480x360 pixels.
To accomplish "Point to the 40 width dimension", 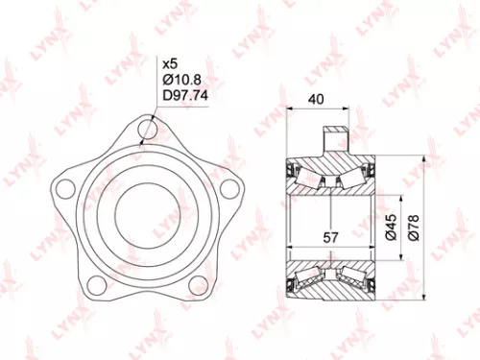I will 315,99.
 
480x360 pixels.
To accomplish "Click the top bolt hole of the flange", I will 148,127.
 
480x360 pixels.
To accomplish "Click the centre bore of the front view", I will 148,206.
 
